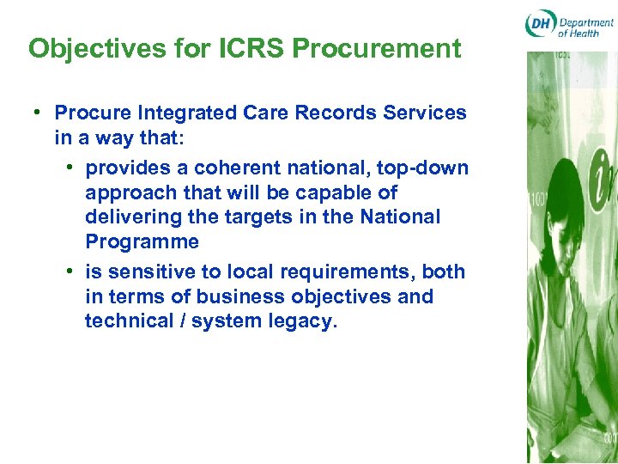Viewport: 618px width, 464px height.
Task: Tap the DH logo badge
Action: point(540,25)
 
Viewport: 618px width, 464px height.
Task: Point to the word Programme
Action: point(142,241)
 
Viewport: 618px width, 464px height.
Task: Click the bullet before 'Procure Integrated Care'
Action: point(39,113)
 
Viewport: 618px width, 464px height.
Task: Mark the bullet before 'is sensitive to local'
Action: point(70,272)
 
